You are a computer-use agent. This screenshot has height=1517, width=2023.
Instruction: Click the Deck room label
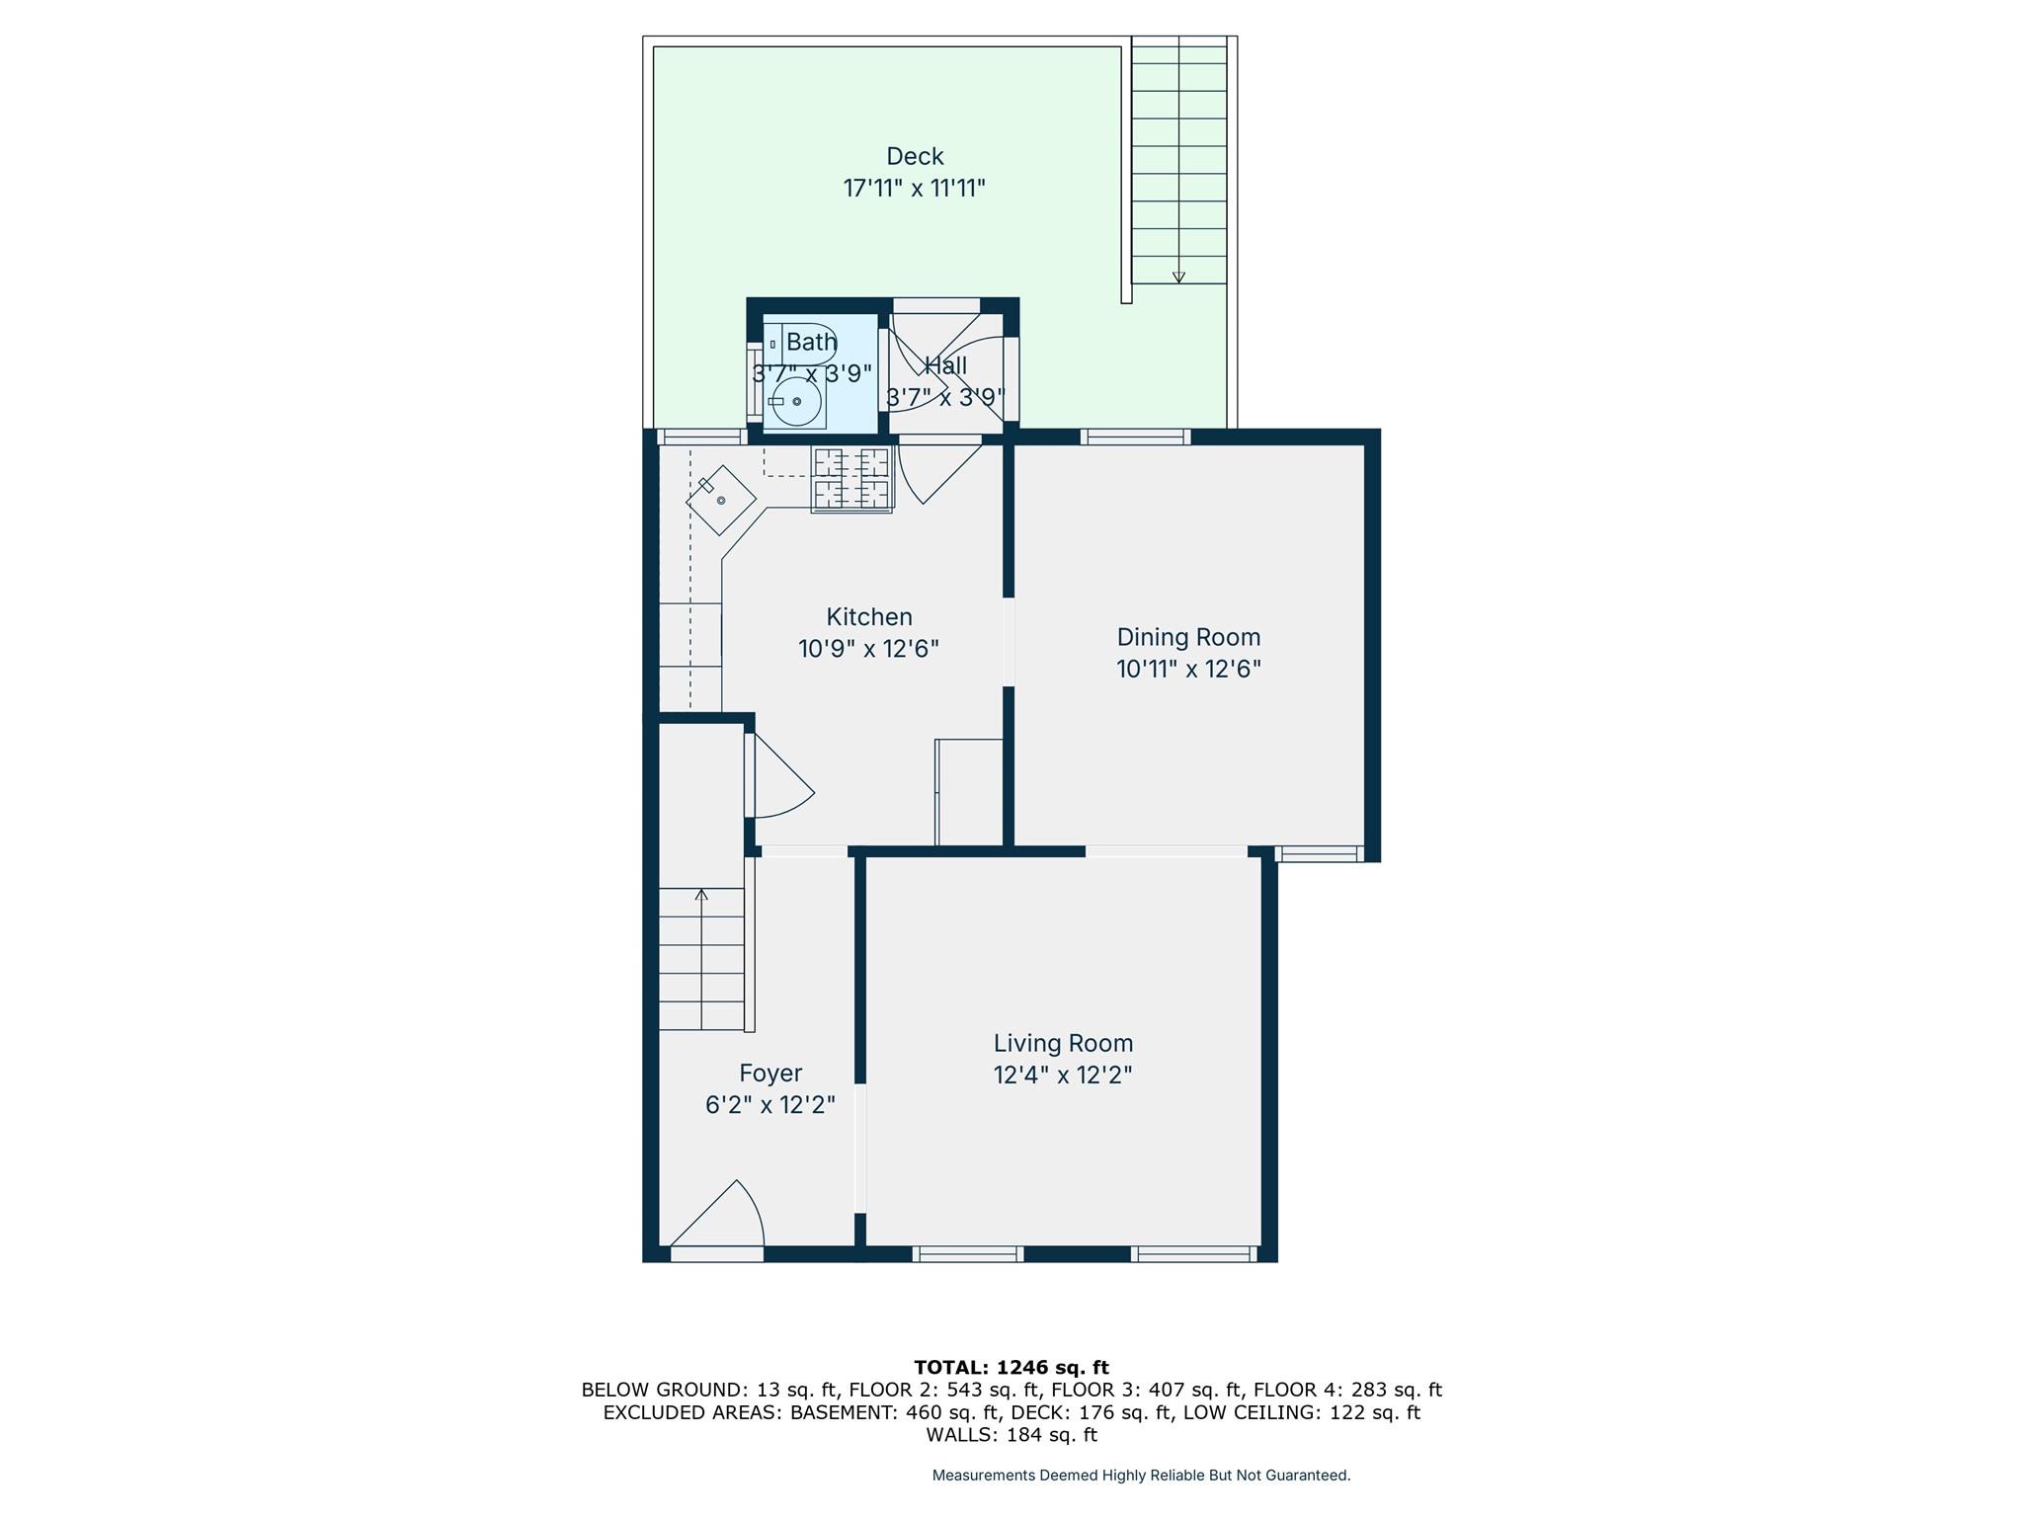(x=915, y=156)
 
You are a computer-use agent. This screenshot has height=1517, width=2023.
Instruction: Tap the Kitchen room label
(x=869, y=617)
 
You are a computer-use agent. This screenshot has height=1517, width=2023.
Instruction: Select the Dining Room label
(x=1188, y=637)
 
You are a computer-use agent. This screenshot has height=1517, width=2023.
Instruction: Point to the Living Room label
(x=1063, y=1043)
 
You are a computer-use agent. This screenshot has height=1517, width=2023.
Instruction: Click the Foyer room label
(x=770, y=1074)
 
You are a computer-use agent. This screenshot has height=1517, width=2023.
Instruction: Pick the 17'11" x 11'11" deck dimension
(x=915, y=188)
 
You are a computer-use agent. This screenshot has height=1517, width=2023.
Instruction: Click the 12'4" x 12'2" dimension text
(x=1063, y=1075)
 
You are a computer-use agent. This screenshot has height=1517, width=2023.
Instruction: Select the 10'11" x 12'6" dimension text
(x=1188, y=669)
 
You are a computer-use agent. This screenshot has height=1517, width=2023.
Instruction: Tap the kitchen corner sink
(x=721, y=501)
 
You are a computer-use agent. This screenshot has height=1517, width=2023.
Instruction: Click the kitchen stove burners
(x=851, y=479)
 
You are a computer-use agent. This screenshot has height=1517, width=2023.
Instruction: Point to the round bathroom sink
(x=796, y=402)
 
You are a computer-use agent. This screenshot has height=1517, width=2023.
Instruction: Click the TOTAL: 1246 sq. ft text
(x=1011, y=1368)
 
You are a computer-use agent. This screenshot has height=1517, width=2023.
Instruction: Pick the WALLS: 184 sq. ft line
(x=1011, y=1435)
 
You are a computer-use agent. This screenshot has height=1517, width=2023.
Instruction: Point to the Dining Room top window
(x=1134, y=437)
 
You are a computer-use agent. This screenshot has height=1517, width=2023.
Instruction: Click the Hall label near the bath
(x=945, y=365)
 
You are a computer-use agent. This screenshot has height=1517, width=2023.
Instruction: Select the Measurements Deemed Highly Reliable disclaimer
(x=1141, y=1476)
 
